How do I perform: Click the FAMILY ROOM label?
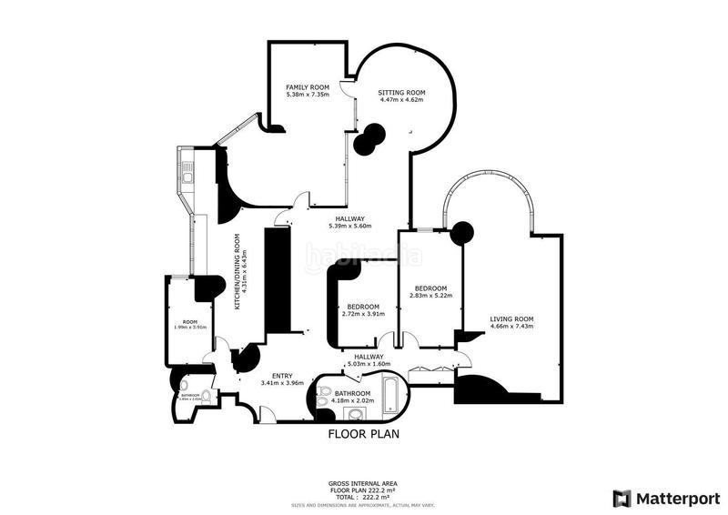coord(307,87)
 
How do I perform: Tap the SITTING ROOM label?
coord(402,93)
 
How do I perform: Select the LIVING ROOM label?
coord(511,319)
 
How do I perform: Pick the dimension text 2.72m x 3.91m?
coord(363,314)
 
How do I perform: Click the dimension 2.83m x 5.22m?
coord(432,295)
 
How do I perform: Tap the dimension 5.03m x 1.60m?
coord(369,364)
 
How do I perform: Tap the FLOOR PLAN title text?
coord(364,435)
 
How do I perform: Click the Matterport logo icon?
coord(622,498)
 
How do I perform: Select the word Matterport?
coord(674,498)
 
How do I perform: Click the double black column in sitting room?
coord(369,138)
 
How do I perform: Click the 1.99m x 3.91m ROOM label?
coord(190,323)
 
